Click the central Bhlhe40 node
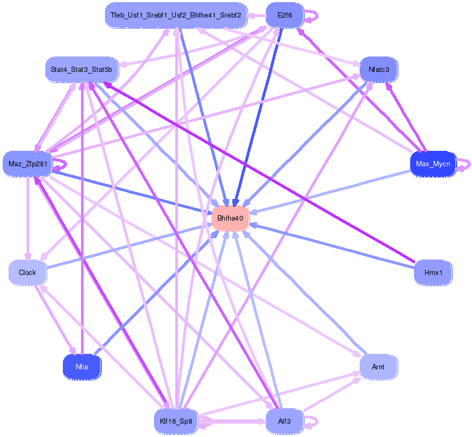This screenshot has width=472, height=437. point(230,218)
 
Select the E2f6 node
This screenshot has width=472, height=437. point(284,15)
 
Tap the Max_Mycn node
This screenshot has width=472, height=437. point(433,164)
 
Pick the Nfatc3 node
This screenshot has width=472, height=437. point(378,69)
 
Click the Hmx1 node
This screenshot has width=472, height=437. point(433,272)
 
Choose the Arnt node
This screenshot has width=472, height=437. point(378,367)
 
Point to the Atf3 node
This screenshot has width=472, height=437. point(284,421)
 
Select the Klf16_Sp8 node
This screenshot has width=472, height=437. point(176,421)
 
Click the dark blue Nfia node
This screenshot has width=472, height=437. point(82,367)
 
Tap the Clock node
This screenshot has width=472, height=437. point(27,272)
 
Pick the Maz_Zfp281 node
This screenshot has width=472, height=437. point(27,164)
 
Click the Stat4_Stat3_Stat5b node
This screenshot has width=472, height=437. point(82,69)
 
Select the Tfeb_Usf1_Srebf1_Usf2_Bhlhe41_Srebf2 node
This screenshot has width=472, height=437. point(176,15)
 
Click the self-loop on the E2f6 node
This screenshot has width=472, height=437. point(313,15)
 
